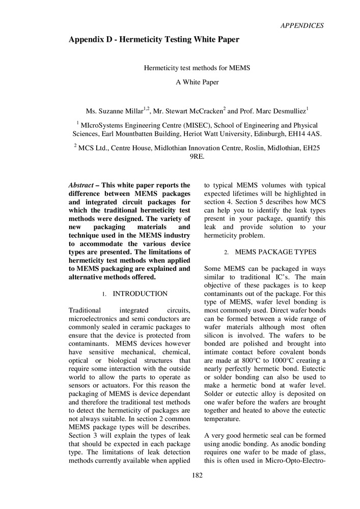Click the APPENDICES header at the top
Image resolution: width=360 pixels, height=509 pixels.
(x=302, y=25)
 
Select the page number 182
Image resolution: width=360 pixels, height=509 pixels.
(x=198, y=475)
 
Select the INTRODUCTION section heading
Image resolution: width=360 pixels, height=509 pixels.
(x=140, y=294)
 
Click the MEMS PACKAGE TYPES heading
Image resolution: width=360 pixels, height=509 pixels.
(x=275, y=252)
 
